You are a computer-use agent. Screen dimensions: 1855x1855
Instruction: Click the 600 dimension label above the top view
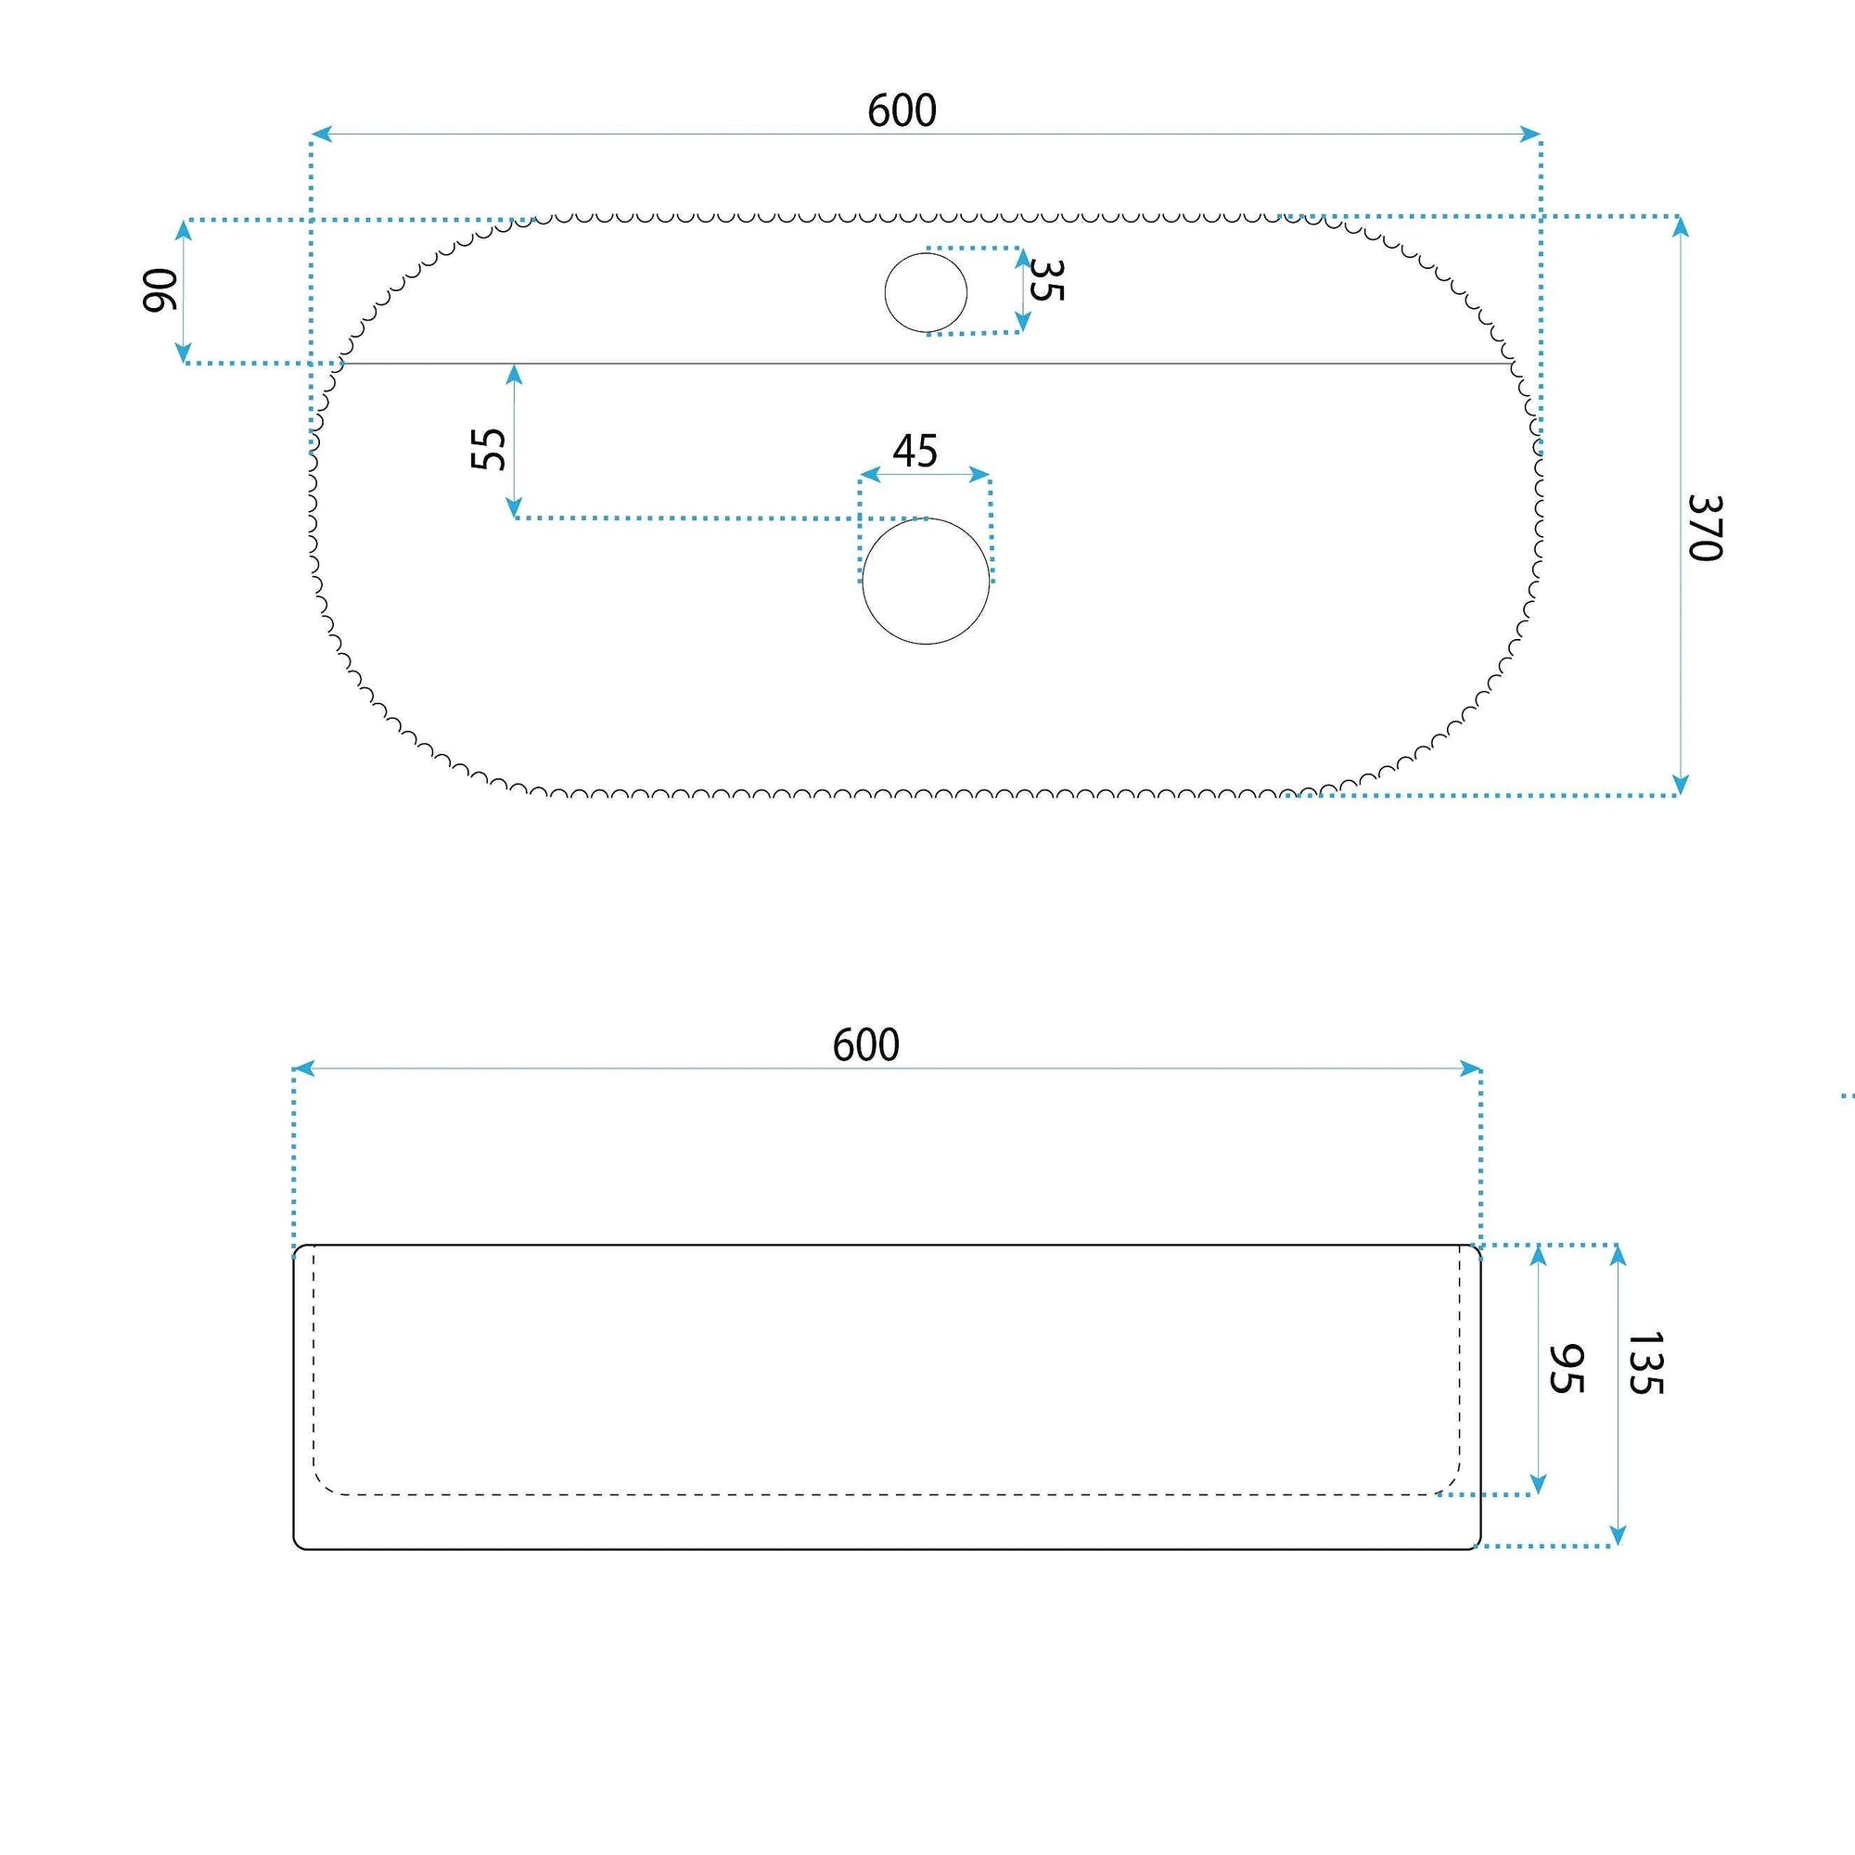902,110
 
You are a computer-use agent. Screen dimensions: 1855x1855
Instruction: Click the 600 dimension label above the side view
866,1044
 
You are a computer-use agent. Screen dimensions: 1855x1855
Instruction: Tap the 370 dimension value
1707,527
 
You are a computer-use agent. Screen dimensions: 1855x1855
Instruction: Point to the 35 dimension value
1045,279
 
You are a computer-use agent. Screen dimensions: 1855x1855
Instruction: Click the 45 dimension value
915,452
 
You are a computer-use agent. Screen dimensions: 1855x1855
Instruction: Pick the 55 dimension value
489,448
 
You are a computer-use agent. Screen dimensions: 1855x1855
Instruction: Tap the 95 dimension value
1566,1369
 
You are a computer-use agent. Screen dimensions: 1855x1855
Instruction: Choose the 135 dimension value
1644,1362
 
